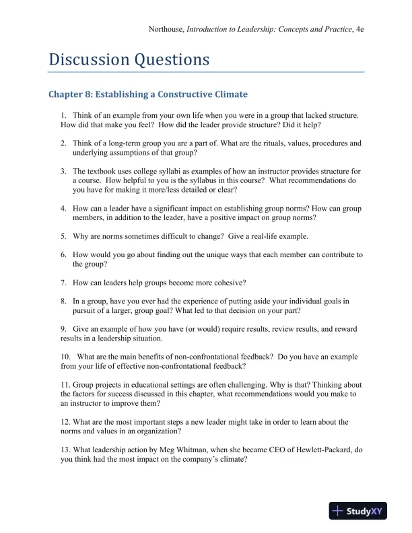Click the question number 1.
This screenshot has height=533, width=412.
(x=63, y=116)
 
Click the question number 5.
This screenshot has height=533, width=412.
(x=63, y=236)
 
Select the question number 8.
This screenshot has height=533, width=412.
(x=63, y=301)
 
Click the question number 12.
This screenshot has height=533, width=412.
(x=65, y=422)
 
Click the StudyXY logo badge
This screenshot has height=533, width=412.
(x=357, y=511)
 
